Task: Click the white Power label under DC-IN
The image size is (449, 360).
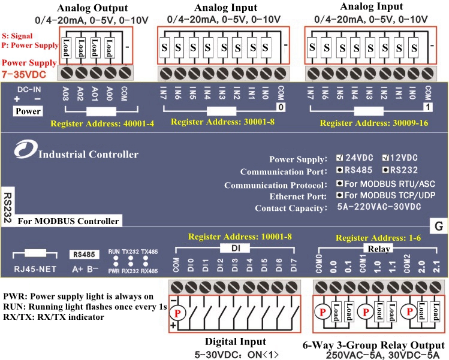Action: click(28, 111)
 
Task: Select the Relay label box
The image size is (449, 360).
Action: click(379, 249)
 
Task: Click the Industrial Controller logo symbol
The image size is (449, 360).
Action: click(25, 152)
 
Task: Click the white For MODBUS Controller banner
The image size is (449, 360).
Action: click(68, 221)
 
